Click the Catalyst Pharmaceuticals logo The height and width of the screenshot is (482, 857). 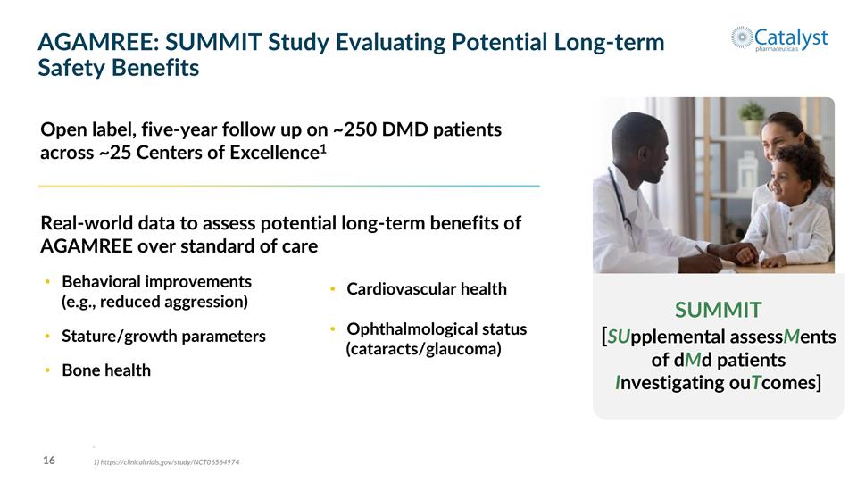(x=778, y=37)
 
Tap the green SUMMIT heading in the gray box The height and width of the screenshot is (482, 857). (x=718, y=310)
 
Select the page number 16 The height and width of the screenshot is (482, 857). (x=49, y=461)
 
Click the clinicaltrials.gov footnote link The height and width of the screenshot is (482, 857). (x=166, y=462)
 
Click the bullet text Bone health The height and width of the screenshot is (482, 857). (x=105, y=370)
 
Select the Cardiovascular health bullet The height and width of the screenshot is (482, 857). (x=426, y=289)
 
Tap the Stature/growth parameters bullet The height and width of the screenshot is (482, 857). (x=163, y=337)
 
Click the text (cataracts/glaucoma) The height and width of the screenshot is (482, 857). (x=423, y=349)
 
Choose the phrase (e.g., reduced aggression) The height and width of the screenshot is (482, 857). (x=154, y=302)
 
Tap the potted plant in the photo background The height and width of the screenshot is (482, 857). (x=752, y=114)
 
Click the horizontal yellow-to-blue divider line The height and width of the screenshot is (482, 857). (x=288, y=186)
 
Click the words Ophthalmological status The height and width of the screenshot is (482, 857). (x=437, y=329)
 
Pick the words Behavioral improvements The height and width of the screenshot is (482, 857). (x=156, y=282)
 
